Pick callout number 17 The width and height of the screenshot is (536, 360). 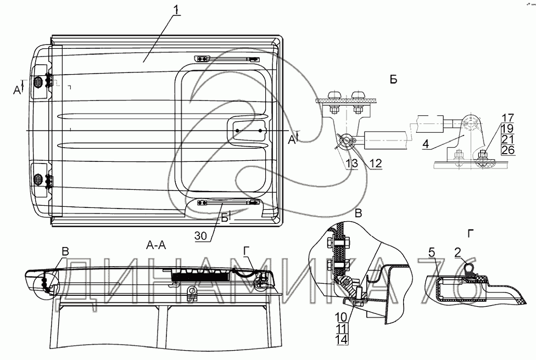507,117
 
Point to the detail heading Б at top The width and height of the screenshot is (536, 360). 393,80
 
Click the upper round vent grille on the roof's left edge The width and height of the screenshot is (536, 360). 38,82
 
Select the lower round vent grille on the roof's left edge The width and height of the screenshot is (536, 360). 38,178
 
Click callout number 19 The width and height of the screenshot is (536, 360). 507,127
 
